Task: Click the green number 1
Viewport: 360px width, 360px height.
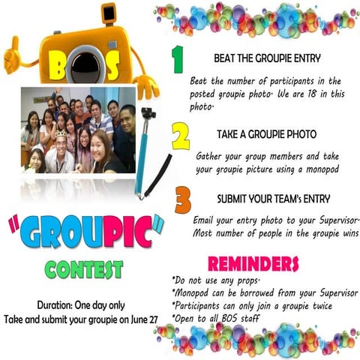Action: point(176,59)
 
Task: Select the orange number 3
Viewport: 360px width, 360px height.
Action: point(182,202)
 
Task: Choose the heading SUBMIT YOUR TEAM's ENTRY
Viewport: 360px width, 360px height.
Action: point(275,200)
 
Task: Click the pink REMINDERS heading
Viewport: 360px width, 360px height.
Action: point(253,263)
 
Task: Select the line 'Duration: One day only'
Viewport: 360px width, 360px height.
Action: point(86,305)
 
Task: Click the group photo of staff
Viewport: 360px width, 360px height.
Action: point(77,130)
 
